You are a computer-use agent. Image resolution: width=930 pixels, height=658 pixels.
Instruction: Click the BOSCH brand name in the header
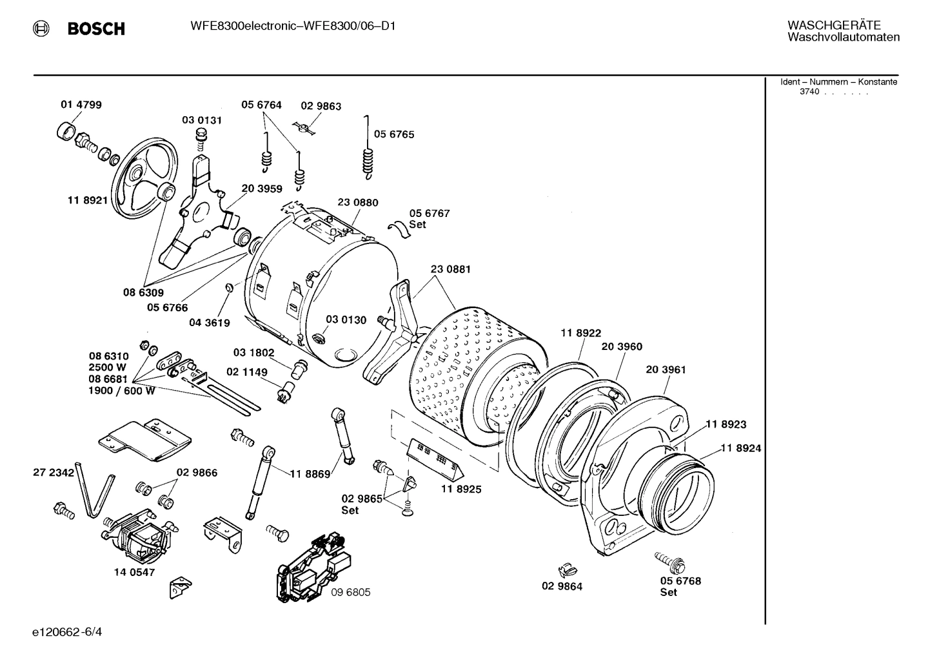(95, 28)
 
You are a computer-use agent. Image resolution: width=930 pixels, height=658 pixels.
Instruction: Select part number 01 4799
(81, 105)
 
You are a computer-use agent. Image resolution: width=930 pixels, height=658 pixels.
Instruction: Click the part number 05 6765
(394, 134)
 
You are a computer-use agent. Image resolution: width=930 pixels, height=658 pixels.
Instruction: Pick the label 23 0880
(358, 202)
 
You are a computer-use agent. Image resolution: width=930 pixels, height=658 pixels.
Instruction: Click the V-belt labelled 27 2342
(92, 490)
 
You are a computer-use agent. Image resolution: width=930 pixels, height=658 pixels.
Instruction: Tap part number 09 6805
(351, 592)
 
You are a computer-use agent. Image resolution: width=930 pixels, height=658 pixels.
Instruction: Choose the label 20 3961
(666, 369)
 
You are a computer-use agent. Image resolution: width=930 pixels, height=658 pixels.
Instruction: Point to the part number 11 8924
(740, 447)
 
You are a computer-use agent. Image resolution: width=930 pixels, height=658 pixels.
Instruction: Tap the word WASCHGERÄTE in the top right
(833, 25)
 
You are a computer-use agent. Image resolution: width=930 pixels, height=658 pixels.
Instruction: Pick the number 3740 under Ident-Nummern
(809, 92)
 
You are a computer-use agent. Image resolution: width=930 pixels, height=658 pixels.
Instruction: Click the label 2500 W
(108, 367)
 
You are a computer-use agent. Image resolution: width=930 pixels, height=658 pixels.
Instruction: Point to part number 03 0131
(201, 119)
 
